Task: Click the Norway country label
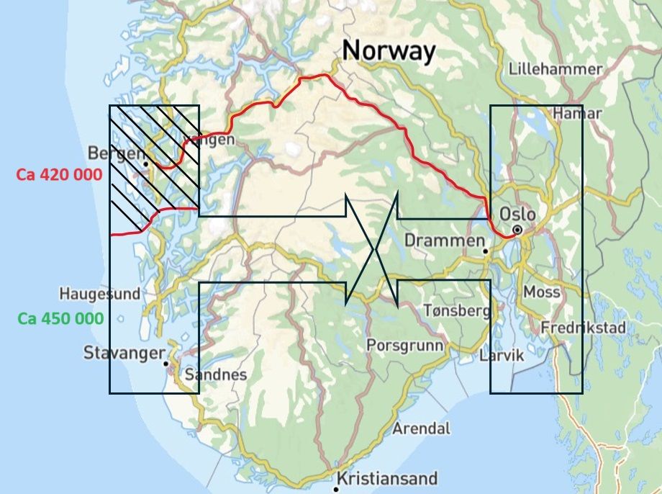[x=389, y=52]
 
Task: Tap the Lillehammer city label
[x=555, y=70]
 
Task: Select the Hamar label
[x=577, y=114]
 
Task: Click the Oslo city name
[x=517, y=215]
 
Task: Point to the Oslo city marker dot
[x=517, y=230]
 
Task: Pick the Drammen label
[x=443, y=241]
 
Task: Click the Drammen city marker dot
[x=486, y=251]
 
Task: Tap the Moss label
[x=542, y=292]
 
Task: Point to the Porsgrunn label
[x=405, y=345]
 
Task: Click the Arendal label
[x=422, y=428]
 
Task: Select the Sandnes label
[x=216, y=375]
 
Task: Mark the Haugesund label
[x=100, y=294]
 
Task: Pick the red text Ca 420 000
[x=60, y=174]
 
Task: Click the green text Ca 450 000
[x=61, y=318]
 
